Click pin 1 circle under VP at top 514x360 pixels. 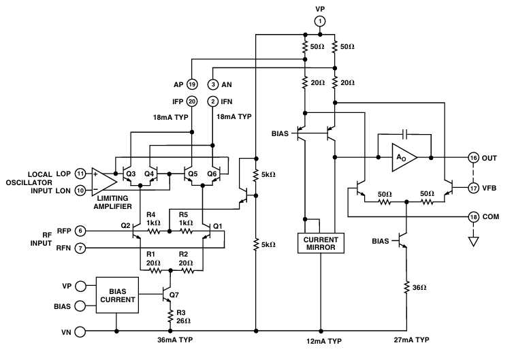click(x=320, y=21)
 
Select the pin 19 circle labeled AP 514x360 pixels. click(x=192, y=84)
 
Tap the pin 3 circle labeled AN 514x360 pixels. click(x=212, y=84)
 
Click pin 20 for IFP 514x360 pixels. click(x=192, y=101)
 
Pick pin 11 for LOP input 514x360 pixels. click(x=80, y=174)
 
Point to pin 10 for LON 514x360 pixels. click(x=80, y=191)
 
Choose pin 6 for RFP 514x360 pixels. click(x=80, y=231)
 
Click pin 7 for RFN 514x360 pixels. click(x=80, y=248)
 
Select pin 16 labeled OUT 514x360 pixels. click(x=473, y=158)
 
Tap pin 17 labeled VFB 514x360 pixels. click(x=473, y=188)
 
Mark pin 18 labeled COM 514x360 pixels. click(x=473, y=217)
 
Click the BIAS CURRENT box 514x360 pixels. click(x=117, y=295)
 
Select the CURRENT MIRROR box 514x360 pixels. click(x=321, y=243)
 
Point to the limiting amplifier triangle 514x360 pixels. click(x=103, y=182)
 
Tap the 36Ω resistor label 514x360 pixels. click(x=419, y=287)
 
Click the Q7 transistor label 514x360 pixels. click(x=174, y=295)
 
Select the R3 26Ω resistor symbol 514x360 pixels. click(x=170, y=316)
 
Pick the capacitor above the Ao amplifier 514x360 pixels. click(x=404, y=133)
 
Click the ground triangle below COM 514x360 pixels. click(x=473, y=242)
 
